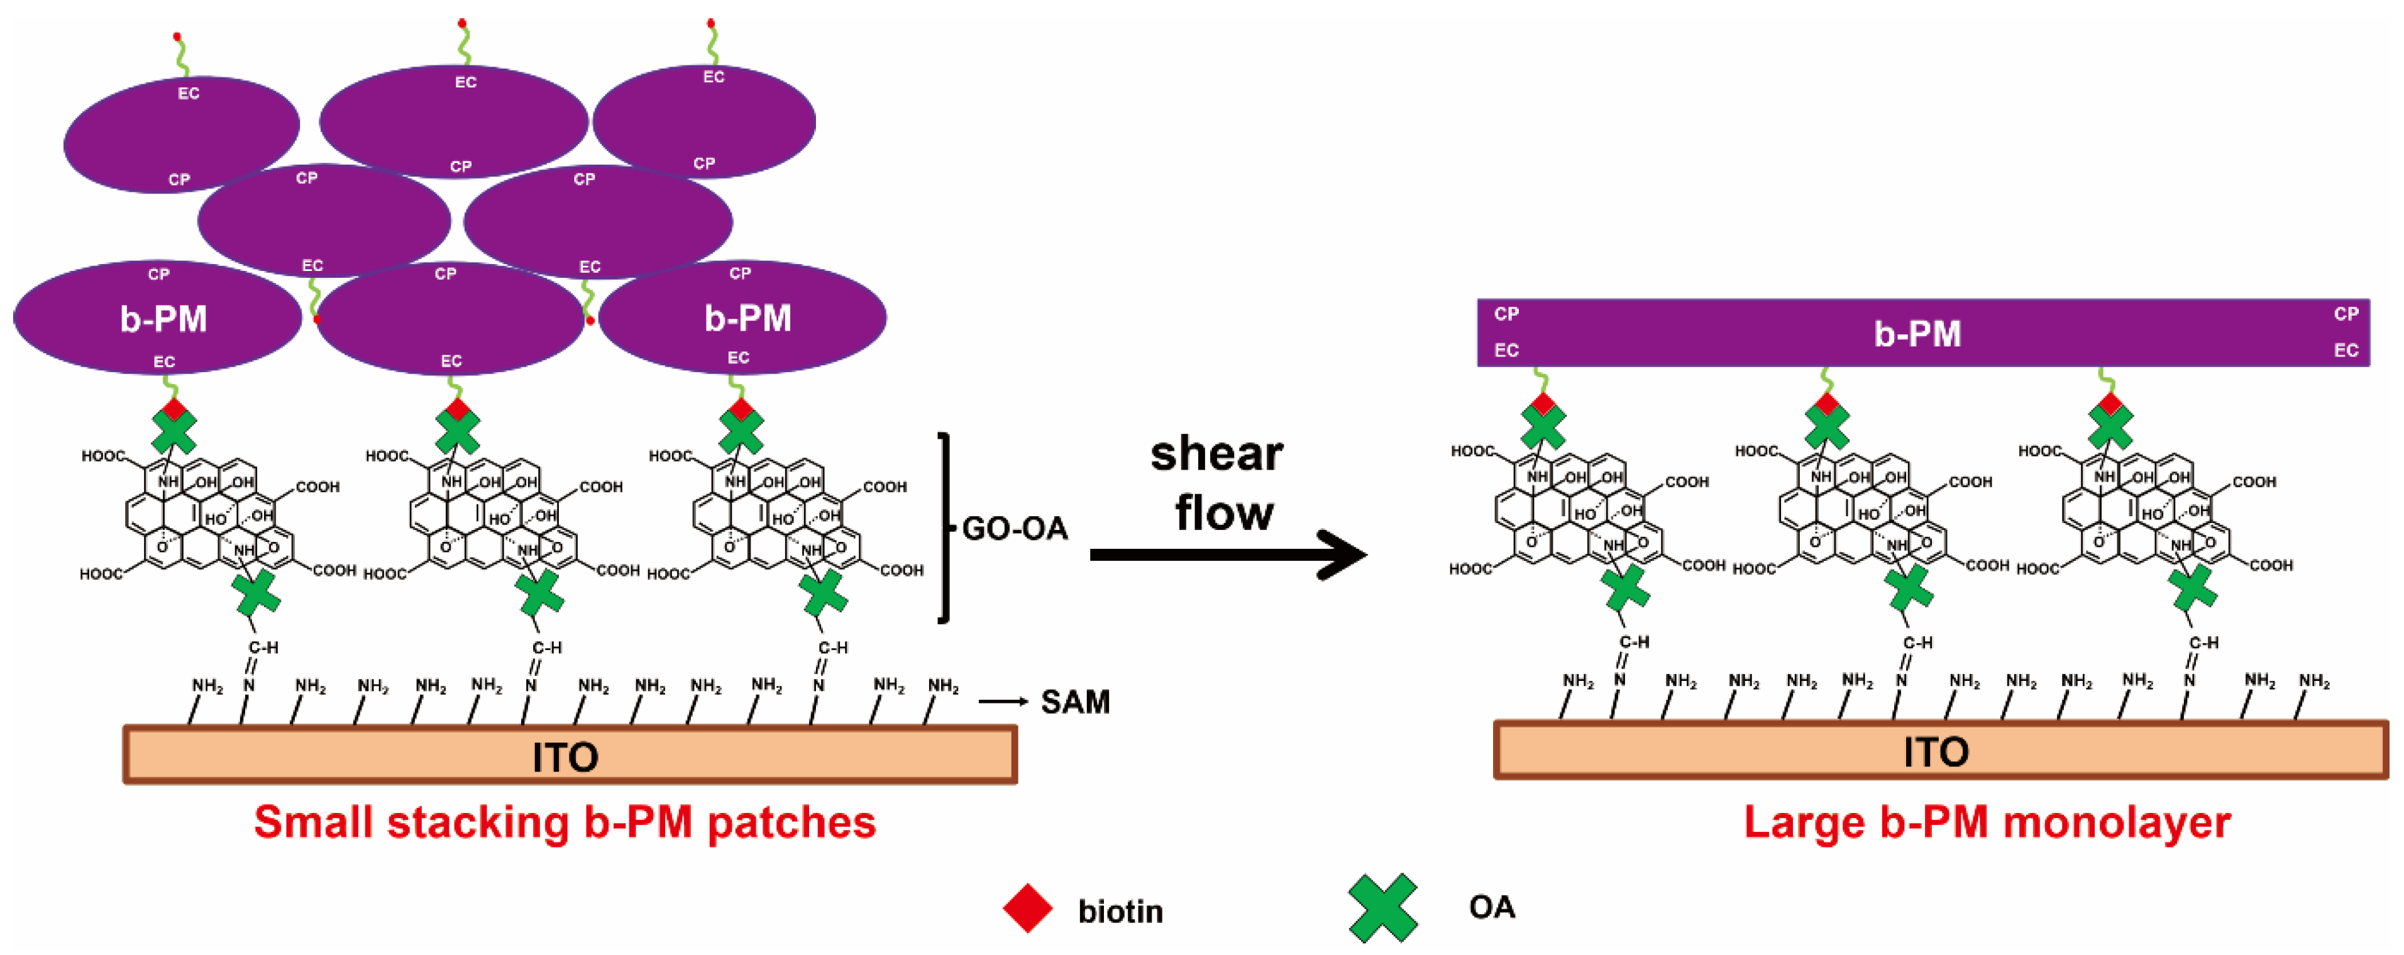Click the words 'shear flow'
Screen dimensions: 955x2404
click(1218, 483)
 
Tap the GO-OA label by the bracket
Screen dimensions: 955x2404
click(1015, 529)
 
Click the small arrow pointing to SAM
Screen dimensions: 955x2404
click(1003, 701)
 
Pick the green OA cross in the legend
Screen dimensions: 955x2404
click(1382, 907)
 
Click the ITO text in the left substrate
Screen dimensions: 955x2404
click(565, 756)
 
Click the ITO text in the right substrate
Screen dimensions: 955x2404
click(1936, 751)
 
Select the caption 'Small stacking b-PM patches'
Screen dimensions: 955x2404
click(565, 822)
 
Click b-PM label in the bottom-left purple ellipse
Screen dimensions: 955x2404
click(163, 319)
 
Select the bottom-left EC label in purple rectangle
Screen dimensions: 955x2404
click(1506, 350)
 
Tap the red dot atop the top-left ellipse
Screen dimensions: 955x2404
click(177, 37)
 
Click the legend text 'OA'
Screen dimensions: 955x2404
click(1491, 907)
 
